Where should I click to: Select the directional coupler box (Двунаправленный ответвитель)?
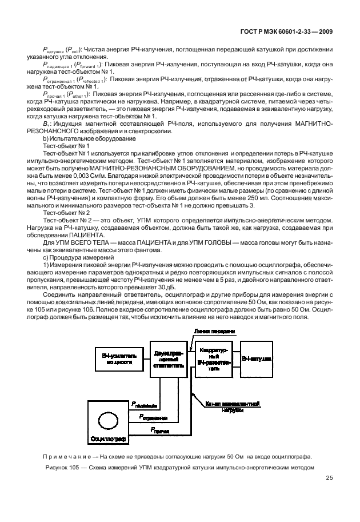point(167,359)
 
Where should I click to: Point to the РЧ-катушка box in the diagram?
point(257,358)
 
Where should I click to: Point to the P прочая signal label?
point(159,429)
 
